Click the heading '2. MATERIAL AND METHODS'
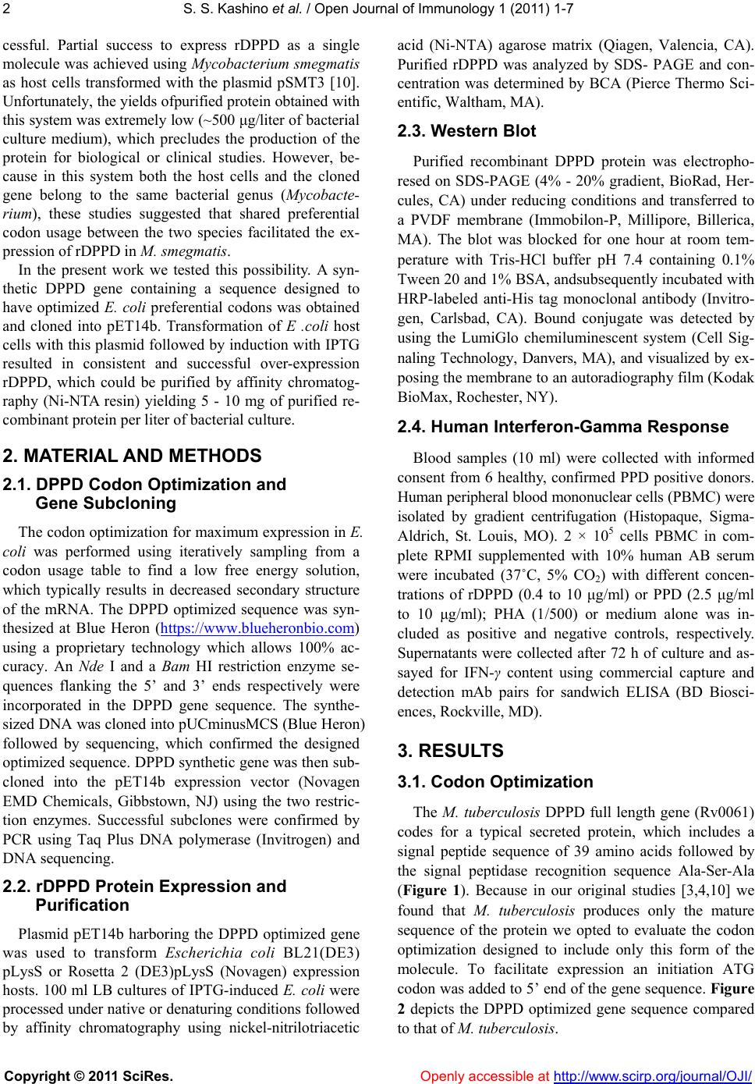tap(133, 456)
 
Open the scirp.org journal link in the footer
tap(652, 1076)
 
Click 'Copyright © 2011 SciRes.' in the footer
tap(88, 1076)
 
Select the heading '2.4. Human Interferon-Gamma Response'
tap(562, 427)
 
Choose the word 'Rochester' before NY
tap(487, 397)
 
